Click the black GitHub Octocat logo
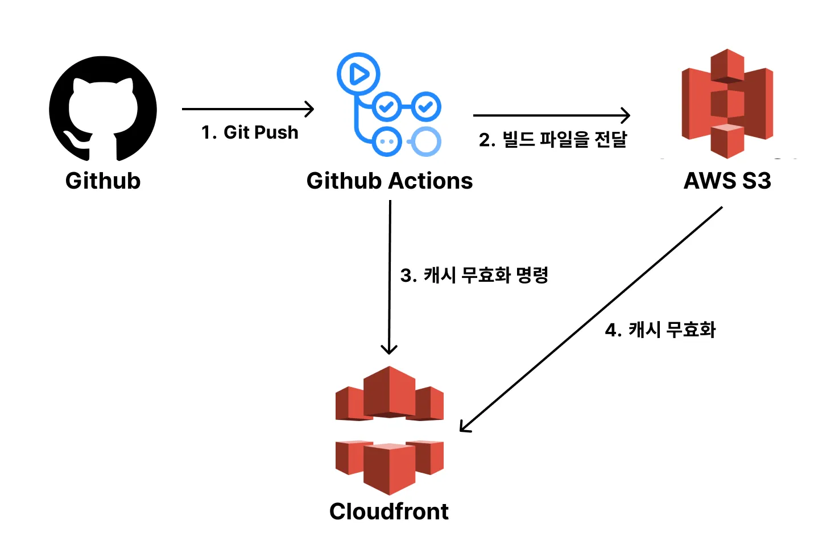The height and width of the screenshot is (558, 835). point(103,109)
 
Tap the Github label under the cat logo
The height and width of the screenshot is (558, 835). point(103,181)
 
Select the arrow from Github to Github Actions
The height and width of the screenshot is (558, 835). point(248,109)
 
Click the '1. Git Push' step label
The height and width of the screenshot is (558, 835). point(250,132)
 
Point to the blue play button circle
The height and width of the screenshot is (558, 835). point(358,74)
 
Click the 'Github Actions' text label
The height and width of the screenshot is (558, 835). point(390,181)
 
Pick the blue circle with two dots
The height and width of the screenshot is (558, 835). point(387,141)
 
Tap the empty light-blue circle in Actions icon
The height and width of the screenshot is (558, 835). point(425,141)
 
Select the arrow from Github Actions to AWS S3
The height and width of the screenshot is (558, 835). point(552,115)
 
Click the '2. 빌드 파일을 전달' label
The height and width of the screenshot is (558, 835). point(553,140)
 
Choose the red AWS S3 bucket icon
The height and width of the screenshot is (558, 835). point(727,103)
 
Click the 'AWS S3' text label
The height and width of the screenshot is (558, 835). point(727,181)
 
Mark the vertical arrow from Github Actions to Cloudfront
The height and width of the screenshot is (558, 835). point(390,277)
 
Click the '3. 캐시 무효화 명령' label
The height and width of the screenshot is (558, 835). point(474,275)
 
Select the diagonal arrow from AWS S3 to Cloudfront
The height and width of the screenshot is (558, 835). point(591,319)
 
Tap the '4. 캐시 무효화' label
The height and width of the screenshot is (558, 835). point(660,330)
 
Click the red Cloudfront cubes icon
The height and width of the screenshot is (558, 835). point(390,430)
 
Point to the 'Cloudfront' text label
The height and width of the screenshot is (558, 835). point(389,511)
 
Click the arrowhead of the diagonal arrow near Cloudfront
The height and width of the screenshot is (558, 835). point(461,431)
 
